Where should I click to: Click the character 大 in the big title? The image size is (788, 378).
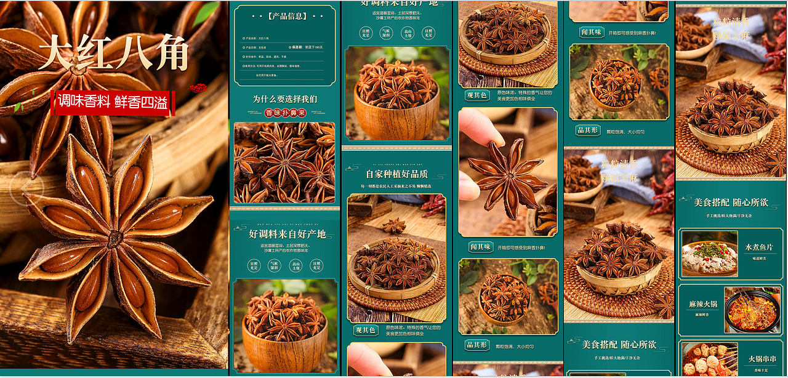57,53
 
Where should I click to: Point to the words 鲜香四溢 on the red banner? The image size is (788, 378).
141,102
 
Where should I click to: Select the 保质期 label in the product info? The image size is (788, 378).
297,47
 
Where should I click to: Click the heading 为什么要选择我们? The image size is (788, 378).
285,99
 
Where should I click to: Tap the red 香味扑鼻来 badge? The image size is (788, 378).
285,113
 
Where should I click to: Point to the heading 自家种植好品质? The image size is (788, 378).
396,174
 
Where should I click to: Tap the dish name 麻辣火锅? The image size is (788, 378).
703,304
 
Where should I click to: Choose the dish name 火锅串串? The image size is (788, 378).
762,359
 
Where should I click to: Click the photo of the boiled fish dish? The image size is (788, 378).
709,253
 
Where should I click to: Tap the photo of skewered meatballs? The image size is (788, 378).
710,360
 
